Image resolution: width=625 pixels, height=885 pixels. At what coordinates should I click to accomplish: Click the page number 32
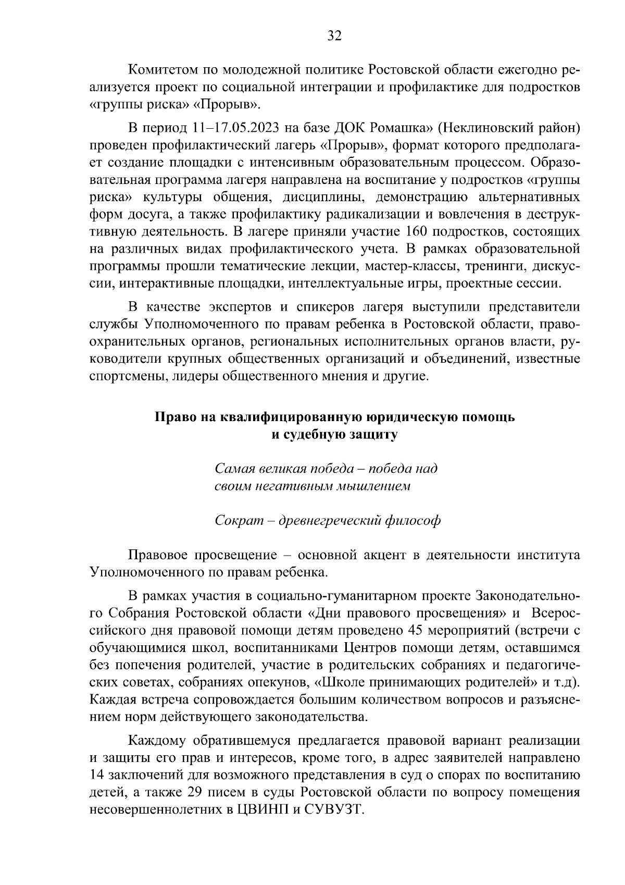click(x=334, y=35)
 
